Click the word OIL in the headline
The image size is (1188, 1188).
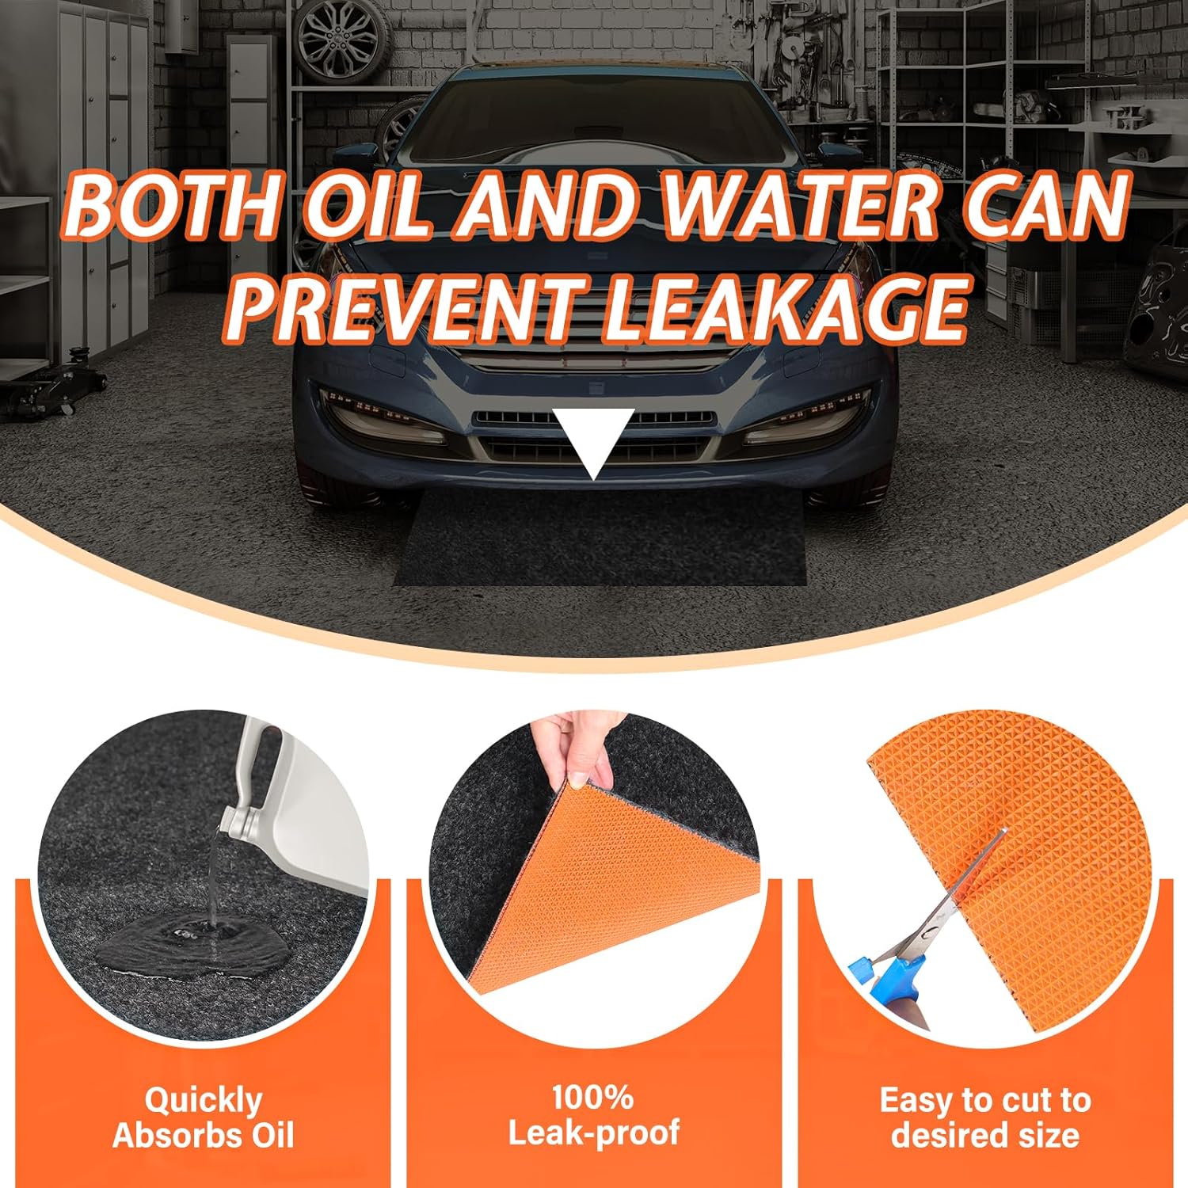tap(369, 203)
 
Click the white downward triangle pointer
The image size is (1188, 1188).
tap(593, 437)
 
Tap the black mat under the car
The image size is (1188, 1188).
tap(600, 539)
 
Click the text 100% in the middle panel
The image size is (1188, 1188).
tap(592, 1098)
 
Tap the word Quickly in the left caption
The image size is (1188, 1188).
tap(203, 1102)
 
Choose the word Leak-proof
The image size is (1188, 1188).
tap(593, 1133)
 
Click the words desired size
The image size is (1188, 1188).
tap(985, 1135)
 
